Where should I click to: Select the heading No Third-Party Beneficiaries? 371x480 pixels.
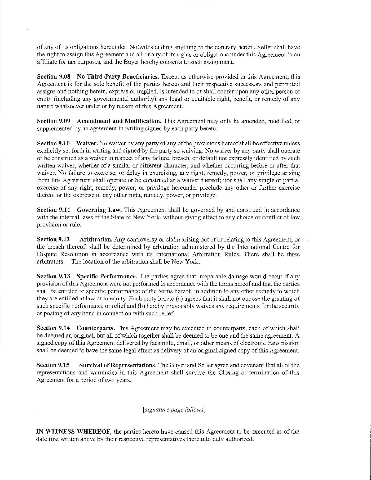[x=118, y=77]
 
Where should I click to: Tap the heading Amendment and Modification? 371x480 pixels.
[x=119, y=121]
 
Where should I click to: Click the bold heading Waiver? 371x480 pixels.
[x=87, y=143]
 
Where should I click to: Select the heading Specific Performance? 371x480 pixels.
[x=107, y=277]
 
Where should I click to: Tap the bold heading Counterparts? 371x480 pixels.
[x=96, y=328]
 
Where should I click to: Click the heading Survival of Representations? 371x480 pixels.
[x=117, y=365]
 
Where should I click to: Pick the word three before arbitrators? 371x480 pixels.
[x=293, y=254]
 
